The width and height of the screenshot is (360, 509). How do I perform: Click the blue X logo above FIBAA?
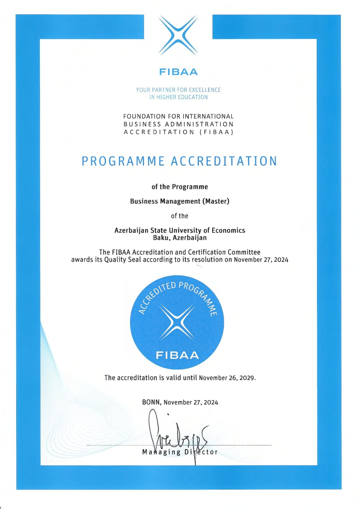pyautogui.click(x=178, y=36)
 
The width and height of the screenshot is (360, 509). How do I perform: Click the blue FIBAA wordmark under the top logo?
pyautogui.click(x=178, y=72)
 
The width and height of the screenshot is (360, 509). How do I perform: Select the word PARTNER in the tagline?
pyautogui.click(x=164, y=90)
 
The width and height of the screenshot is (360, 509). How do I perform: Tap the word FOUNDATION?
pyautogui.click(x=144, y=116)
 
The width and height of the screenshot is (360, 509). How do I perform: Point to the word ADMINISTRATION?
pyautogui.click(x=199, y=124)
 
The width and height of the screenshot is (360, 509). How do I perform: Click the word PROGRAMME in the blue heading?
pyautogui.click(x=123, y=161)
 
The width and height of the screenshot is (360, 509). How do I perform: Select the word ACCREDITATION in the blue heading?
pyautogui.click(x=224, y=161)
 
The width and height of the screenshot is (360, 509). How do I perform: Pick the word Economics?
pyautogui.click(x=228, y=230)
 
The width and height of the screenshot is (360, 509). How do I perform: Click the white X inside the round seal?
pyautogui.click(x=177, y=322)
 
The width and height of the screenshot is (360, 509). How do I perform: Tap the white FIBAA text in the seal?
pyautogui.click(x=177, y=355)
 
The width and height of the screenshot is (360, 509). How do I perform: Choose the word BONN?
pyautogui.click(x=152, y=402)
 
